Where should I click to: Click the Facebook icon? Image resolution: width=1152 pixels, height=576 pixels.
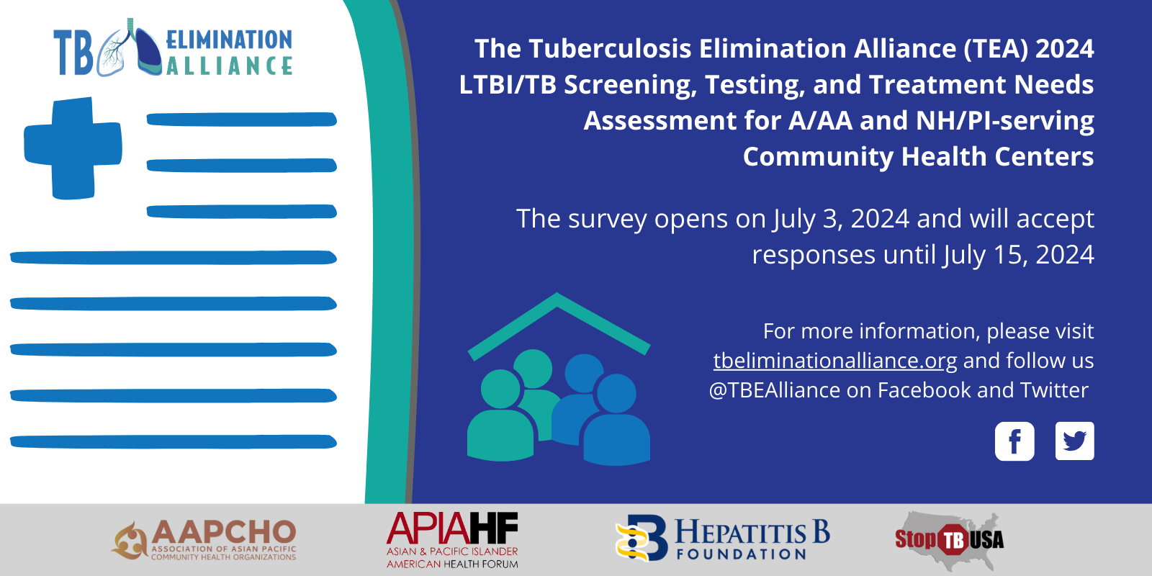[1014, 441]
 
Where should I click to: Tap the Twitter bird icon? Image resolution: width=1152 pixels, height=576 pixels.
[1074, 441]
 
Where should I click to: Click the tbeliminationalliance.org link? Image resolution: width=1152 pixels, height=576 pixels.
[834, 361]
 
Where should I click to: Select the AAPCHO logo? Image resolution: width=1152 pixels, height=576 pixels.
[204, 539]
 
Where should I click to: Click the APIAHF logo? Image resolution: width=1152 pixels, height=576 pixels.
[452, 540]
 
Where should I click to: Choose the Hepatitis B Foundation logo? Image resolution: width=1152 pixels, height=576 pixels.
[723, 539]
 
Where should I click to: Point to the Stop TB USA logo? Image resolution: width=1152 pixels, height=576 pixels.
[950, 540]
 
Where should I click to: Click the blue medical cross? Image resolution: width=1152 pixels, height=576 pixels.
[73, 148]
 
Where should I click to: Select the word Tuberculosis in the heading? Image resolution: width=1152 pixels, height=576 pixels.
[609, 49]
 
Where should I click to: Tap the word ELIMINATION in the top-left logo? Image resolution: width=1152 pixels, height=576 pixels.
[229, 40]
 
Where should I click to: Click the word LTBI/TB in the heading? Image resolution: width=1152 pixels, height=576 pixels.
[508, 85]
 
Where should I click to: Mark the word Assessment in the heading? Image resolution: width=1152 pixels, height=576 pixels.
[660, 121]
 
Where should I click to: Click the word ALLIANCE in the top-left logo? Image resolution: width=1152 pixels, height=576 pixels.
[229, 66]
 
